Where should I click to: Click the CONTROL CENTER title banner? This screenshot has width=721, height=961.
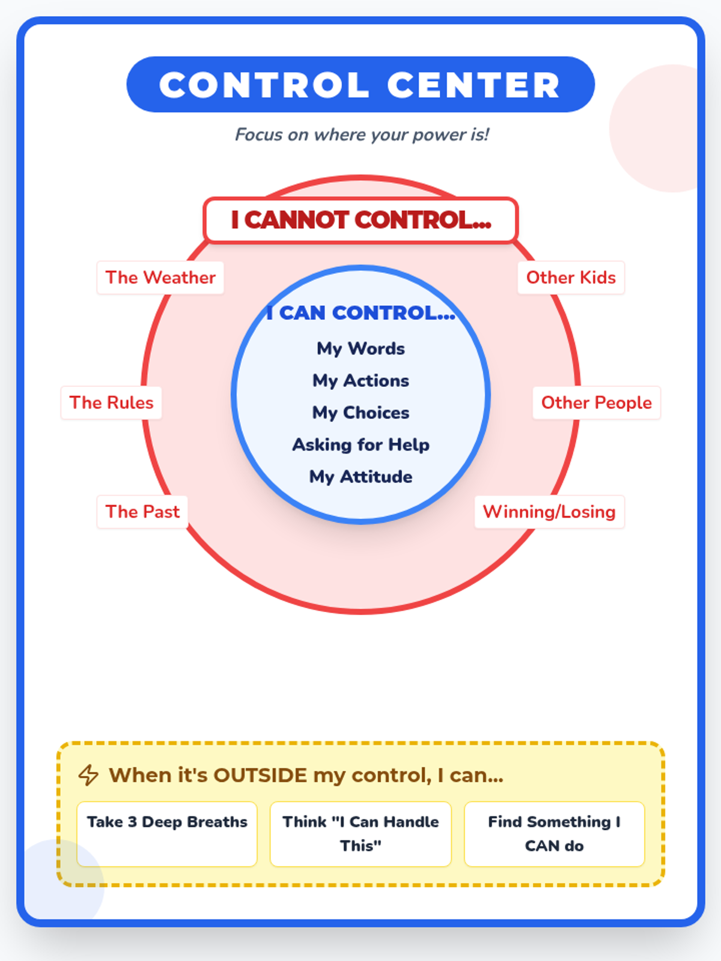360,85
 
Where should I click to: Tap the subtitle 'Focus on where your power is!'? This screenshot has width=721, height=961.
362,135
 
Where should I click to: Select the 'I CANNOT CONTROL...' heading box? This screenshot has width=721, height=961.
360,220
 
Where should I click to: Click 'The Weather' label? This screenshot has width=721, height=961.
160,277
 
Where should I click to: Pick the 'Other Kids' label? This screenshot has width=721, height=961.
571,277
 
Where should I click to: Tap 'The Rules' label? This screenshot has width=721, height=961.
111,402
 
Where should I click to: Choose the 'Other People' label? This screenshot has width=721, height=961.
596,402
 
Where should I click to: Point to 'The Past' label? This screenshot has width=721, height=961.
142,512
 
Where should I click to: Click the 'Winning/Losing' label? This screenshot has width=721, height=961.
549,512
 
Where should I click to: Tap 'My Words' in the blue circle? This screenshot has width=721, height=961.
360,348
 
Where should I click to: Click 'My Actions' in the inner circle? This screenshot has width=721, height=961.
360,381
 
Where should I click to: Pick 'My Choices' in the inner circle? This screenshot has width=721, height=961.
360,413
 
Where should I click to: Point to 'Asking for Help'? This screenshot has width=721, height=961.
360,444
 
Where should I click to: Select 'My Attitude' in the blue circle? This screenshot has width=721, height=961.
360,477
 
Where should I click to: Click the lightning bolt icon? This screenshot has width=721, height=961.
89,775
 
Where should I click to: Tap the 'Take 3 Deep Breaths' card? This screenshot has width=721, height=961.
167,834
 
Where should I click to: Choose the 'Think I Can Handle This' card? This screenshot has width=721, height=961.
360,834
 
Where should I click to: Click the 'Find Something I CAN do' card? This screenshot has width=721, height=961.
554,834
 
